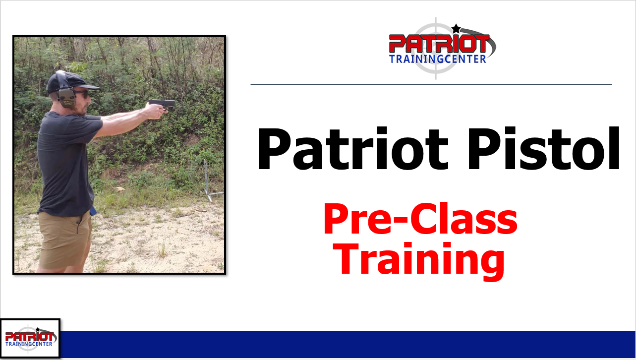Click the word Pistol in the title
point(543,148)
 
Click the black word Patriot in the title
point(352,148)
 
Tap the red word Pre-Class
point(420,219)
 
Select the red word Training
point(418,261)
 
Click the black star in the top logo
point(456,28)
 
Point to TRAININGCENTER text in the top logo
point(437,59)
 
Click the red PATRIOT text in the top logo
point(439,44)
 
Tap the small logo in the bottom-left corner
point(30,339)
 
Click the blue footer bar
point(347,345)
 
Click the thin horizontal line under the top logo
point(431,85)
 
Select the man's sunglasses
point(82,94)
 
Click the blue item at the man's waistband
point(93,211)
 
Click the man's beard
point(80,108)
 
